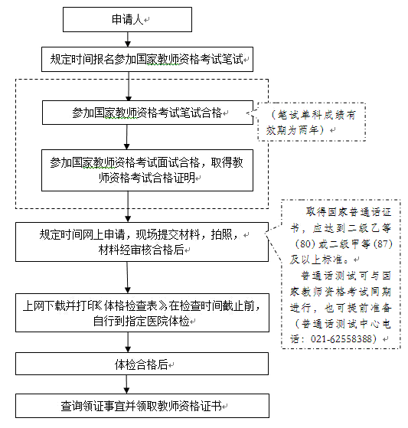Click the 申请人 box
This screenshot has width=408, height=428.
click(x=127, y=19)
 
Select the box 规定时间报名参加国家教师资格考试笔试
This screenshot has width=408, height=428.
click(x=147, y=59)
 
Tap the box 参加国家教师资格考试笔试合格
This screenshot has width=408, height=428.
click(x=148, y=113)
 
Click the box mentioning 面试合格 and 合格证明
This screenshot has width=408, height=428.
click(x=147, y=170)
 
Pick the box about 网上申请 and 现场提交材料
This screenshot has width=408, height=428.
click(x=142, y=242)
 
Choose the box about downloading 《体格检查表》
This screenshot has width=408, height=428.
click(x=142, y=313)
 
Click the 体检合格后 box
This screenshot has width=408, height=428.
click(x=142, y=364)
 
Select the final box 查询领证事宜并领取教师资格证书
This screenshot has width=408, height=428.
click(x=142, y=406)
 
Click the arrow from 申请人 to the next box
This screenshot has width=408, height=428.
click(x=127, y=39)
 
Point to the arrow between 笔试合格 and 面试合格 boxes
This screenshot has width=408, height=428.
click(x=126, y=137)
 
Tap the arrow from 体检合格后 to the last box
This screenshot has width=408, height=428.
click(x=126, y=384)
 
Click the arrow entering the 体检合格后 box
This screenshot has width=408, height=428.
click(x=128, y=342)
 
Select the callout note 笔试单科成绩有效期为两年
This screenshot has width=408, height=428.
click(x=312, y=122)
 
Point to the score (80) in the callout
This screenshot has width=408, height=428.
click(x=305, y=243)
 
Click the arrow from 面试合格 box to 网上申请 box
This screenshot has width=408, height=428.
click(x=128, y=207)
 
